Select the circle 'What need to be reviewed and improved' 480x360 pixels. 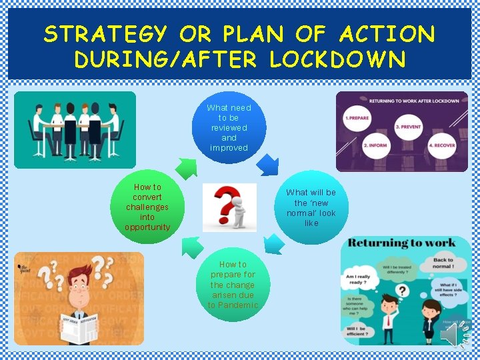click(x=229, y=127)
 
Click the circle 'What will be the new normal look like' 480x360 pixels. click(x=311, y=207)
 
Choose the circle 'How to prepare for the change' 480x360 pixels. click(x=232, y=285)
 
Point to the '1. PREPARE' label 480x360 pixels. click(x=357, y=117)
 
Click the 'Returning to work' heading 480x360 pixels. click(x=402, y=243)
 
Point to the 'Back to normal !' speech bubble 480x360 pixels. click(x=443, y=263)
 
